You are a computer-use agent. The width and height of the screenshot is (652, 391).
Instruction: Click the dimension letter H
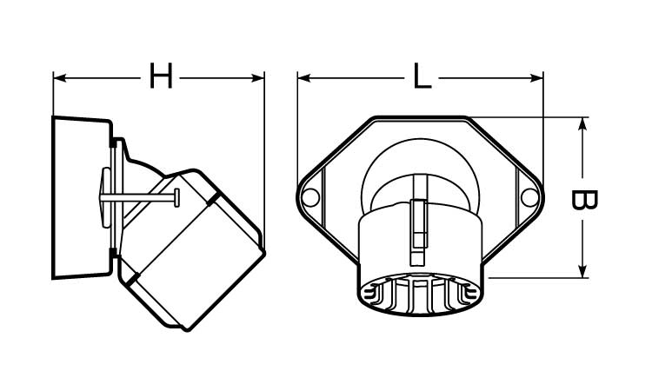pyautogui.click(x=161, y=76)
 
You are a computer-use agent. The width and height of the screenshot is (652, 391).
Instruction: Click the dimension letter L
pyautogui.click(x=422, y=76)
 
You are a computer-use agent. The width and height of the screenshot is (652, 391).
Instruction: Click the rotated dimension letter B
pyautogui.click(x=584, y=200)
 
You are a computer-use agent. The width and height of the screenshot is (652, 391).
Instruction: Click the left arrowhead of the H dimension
pyautogui.click(x=60, y=78)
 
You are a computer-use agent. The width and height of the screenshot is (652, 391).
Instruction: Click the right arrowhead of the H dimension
pyautogui.click(x=258, y=78)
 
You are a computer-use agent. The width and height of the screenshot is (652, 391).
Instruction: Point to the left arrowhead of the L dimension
pyautogui.click(x=304, y=78)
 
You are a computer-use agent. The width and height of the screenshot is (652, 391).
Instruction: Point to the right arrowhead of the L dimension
pyautogui.click(x=536, y=78)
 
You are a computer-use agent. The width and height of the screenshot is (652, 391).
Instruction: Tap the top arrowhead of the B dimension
pyautogui.click(x=582, y=124)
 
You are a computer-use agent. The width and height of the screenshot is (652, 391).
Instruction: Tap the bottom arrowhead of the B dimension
pyautogui.click(x=582, y=271)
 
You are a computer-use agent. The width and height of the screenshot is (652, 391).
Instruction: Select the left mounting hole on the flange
pyautogui.click(x=310, y=197)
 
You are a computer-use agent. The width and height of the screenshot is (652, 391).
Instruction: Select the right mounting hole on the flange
pyautogui.click(x=529, y=197)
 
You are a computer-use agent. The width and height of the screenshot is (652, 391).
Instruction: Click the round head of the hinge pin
pyautogui.click(x=177, y=198)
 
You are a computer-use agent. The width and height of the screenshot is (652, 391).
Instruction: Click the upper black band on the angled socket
pyautogui.click(x=215, y=200)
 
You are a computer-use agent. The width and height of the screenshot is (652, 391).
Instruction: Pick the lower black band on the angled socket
pyautogui.click(x=133, y=279)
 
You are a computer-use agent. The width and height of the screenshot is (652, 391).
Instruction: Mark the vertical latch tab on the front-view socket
pyautogui.click(x=417, y=232)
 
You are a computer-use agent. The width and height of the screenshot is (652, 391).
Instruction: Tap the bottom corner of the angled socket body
pyautogui.click(x=188, y=328)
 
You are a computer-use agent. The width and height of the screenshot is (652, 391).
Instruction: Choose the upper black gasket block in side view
pyautogui.click(x=113, y=142)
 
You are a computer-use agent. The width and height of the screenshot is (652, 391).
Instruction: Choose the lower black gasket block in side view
pyautogui.click(x=113, y=253)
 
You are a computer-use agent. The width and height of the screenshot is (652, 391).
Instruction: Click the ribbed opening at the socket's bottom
pyautogui.click(x=421, y=295)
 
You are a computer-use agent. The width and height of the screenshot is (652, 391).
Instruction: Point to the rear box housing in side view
pyautogui.click(x=82, y=198)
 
